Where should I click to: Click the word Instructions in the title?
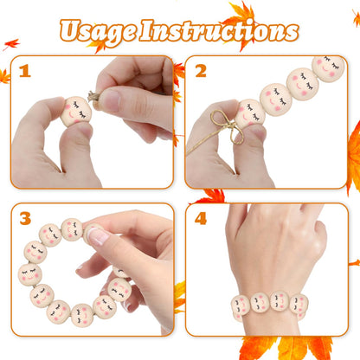click(219, 30)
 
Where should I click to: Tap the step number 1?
click(25, 71)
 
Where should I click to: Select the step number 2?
click(201, 71)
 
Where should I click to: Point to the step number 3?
click(25, 218)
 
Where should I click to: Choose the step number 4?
click(201, 218)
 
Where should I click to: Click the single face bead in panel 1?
click(76, 112)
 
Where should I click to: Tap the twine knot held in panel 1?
click(93, 97)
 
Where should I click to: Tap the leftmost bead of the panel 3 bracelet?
click(30, 274)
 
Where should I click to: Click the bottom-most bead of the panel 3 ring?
click(82, 315)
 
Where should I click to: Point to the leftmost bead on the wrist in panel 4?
click(241, 305)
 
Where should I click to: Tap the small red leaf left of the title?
click(11, 44)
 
